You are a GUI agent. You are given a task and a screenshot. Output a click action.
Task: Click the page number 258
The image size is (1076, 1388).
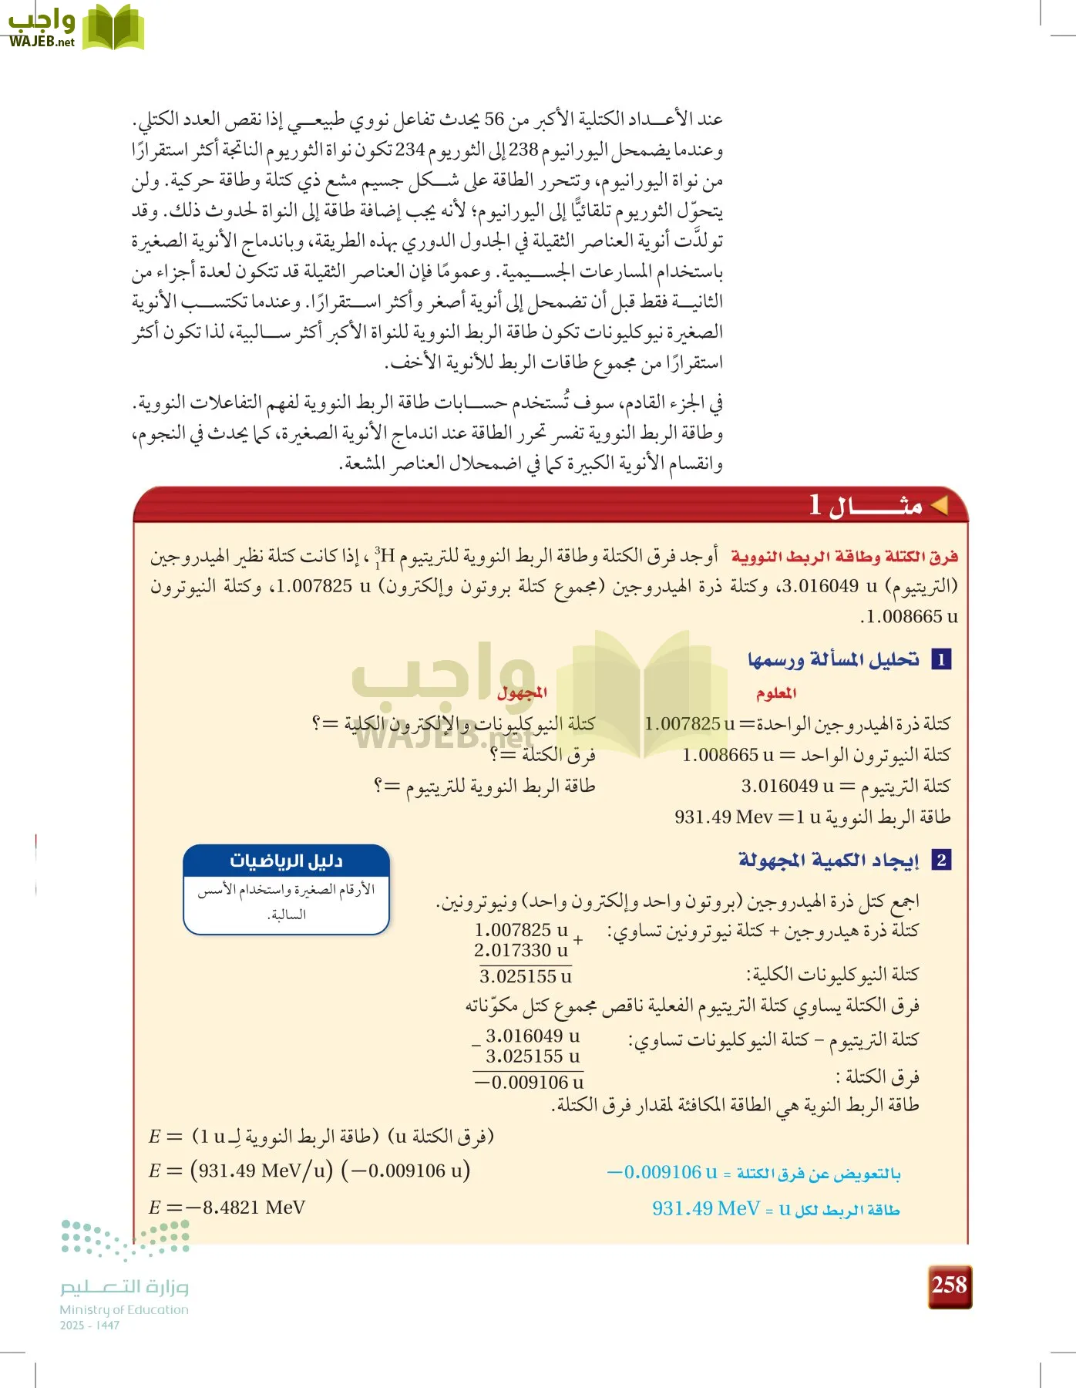tap(949, 1285)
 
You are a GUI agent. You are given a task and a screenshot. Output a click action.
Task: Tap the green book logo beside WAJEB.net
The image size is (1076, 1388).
tap(113, 29)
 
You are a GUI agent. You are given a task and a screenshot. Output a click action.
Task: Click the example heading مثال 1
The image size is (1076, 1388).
tap(866, 506)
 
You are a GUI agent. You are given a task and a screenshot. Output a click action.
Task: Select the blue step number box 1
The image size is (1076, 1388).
tap(941, 660)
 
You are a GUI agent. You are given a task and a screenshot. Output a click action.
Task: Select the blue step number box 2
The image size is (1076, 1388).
tap(941, 861)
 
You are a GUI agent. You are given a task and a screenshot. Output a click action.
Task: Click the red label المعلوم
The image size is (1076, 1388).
tap(776, 693)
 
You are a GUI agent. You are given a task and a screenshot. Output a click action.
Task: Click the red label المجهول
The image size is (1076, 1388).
tap(522, 692)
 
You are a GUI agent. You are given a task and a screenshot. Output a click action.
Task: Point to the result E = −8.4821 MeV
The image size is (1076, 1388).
tap(227, 1208)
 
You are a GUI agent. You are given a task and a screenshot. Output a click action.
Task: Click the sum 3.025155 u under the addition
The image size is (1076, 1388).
tap(526, 977)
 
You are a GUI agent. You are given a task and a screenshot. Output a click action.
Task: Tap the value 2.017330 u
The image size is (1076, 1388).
tap(520, 951)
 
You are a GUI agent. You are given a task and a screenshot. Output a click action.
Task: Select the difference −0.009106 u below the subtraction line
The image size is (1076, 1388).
tap(530, 1083)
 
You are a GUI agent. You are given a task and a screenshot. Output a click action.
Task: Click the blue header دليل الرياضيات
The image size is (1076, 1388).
tap(287, 861)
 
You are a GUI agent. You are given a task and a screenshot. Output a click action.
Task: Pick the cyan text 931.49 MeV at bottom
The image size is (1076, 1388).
tap(705, 1208)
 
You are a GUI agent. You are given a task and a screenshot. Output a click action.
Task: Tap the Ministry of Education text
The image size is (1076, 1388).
tap(124, 1309)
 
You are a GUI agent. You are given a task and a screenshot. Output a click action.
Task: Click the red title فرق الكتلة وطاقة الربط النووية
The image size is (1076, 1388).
tap(845, 557)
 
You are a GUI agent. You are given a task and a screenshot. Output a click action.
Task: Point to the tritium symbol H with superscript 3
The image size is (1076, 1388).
tap(386, 556)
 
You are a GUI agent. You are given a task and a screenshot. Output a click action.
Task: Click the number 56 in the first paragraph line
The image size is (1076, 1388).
tap(494, 120)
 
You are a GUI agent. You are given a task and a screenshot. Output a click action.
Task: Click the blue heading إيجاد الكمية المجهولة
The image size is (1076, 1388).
tap(829, 860)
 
